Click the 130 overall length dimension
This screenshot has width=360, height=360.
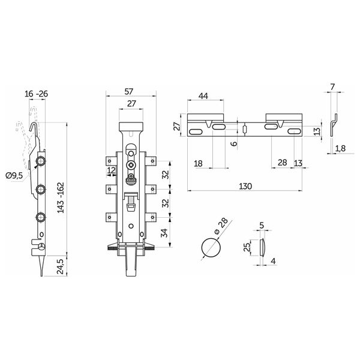[x=245, y=186]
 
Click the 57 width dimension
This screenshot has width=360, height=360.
[x=128, y=91]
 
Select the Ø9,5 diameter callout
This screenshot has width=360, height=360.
[x=14, y=176]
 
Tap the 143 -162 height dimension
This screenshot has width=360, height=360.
[x=61, y=197]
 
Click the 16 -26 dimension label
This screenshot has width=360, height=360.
[x=36, y=94]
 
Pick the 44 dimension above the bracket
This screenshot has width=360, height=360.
[x=203, y=96]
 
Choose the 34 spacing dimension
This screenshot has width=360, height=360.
[x=164, y=233]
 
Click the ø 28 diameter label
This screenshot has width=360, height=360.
[x=221, y=226]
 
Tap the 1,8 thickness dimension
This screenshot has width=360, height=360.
[x=340, y=148]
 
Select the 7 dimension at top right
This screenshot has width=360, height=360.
[x=332, y=87]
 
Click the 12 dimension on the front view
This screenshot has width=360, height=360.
[x=112, y=170]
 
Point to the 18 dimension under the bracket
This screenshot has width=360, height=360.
[x=198, y=163]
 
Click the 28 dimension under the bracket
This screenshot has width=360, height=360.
[x=282, y=163]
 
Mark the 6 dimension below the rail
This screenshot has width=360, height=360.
[x=234, y=144]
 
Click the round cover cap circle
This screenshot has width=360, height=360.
[x=211, y=247]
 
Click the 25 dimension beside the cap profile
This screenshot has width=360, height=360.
[x=247, y=247]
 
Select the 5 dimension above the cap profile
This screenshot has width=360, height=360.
[x=262, y=225]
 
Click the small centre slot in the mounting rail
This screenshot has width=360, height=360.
[x=245, y=129]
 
